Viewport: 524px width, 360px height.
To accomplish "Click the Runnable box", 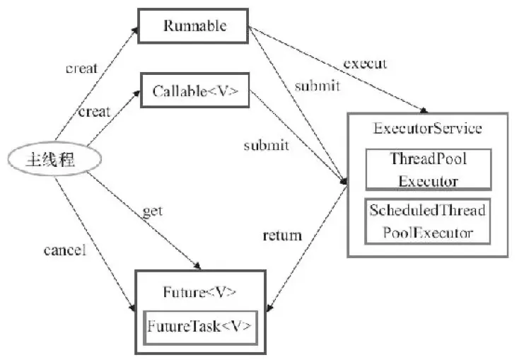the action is click(193, 25).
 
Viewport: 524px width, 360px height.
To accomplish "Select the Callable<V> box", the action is click(195, 91).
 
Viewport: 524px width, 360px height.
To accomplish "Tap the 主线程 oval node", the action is click(54, 159).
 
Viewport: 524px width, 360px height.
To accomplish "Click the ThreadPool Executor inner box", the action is click(429, 170).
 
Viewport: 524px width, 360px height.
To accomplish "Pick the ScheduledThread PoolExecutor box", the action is click(427, 221).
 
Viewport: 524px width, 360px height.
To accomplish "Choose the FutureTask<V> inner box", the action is click(200, 327).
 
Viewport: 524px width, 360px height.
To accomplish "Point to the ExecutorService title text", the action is click(427, 128).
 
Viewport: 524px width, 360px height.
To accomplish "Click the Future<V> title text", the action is click(199, 292).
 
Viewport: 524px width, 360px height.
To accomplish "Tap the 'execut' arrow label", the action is click(365, 64).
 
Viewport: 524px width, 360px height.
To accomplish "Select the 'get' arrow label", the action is click(153, 211).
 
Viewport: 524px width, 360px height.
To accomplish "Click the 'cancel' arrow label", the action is click(65, 250).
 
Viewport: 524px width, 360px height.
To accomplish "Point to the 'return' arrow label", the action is click(282, 236).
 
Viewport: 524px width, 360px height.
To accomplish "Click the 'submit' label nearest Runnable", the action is click(317, 86).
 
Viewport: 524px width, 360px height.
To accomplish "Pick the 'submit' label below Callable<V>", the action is click(267, 146).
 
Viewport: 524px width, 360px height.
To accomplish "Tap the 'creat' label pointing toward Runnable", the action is click(81, 68).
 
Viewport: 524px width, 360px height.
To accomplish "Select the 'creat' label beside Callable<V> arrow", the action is click(94, 112).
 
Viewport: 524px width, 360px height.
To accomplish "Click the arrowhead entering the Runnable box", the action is click(134, 30).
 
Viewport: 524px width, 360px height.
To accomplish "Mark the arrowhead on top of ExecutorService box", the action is click(424, 110).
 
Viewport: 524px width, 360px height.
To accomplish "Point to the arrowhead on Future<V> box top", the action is click(197, 266).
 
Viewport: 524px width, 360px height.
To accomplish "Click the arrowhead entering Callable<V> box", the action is click(136, 93).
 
